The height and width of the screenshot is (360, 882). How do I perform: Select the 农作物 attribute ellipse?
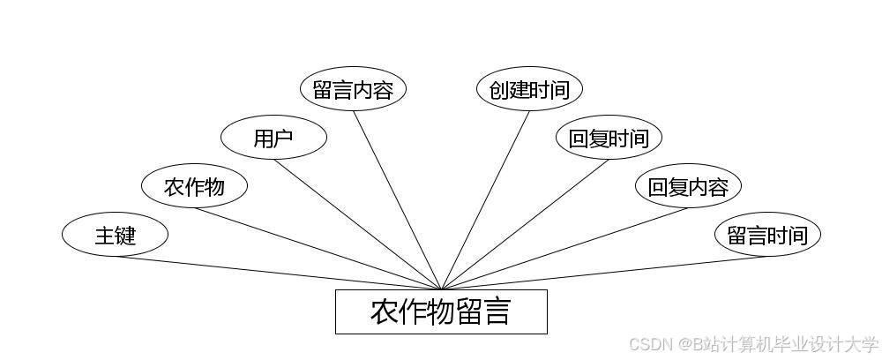[x=195, y=186]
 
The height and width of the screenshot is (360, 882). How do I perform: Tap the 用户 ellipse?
[x=273, y=139]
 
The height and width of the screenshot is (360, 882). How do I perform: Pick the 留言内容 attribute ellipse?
[x=353, y=90]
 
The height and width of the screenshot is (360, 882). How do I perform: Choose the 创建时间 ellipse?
[x=529, y=90]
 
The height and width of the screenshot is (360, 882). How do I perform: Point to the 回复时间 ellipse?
[x=609, y=139]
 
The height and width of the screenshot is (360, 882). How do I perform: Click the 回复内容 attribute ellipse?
[x=688, y=186]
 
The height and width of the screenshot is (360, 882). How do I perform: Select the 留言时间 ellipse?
[x=767, y=236]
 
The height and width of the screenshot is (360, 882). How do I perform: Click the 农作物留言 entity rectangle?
[x=441, y=311]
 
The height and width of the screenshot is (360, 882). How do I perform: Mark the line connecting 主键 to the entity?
[x=278, y=273]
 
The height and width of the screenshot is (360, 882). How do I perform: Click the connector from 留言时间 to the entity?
[x=604, y=273]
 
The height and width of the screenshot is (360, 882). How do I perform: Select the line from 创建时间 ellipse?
[x=485, y=199]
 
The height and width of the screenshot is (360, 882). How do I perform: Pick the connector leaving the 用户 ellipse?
[x=357, y=224]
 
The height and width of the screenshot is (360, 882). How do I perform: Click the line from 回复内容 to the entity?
[x=564, y=248]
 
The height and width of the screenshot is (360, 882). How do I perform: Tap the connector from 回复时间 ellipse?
[x=525, y=224]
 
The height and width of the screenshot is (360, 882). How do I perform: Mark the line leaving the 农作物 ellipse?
[x=318, y=248]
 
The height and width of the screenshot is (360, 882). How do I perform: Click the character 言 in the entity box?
[x=497, y=311]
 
